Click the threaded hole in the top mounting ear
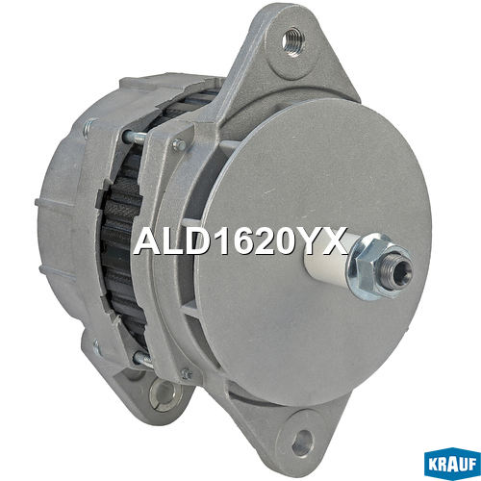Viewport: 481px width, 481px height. click(293, 42)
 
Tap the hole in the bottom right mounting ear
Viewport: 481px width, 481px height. click(302, 443)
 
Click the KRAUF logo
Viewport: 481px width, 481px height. click(452, 464)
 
